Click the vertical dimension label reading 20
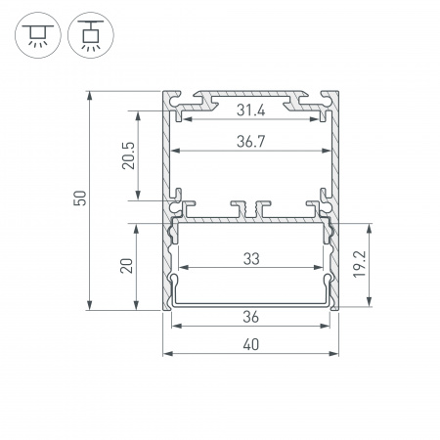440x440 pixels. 127,266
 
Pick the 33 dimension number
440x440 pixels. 250,258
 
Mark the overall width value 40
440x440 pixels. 250,344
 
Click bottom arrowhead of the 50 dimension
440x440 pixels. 90,306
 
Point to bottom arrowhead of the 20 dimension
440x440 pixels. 139,306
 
